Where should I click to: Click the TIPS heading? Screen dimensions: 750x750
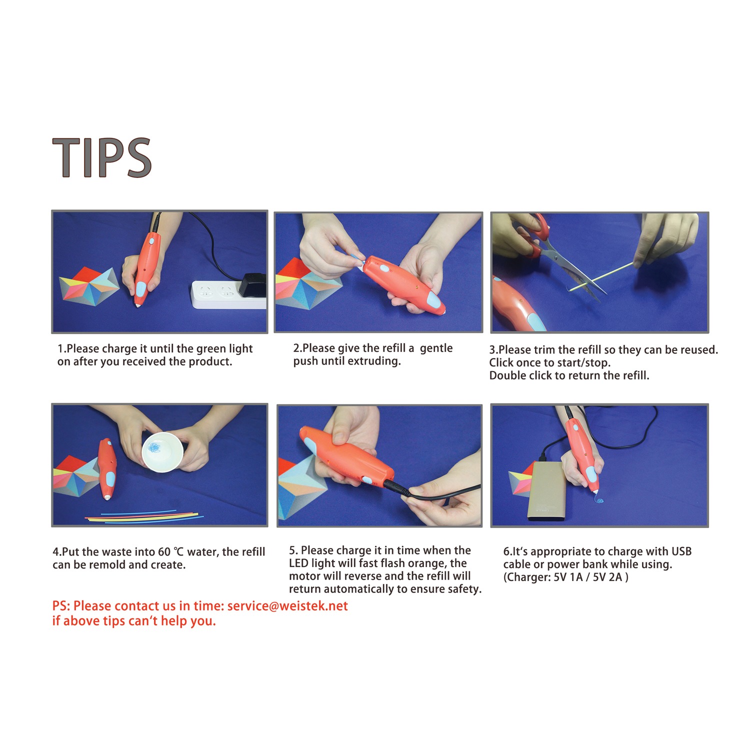point(101,157)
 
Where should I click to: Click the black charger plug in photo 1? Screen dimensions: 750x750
point(252,285)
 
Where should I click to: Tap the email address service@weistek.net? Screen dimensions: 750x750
point(287,606)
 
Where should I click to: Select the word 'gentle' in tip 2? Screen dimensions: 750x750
point(436,348)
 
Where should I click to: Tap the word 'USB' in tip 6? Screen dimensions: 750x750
point(681,551)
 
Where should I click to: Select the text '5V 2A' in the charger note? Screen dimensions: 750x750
point(607,577)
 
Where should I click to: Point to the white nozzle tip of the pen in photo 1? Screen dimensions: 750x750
point(137,303)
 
